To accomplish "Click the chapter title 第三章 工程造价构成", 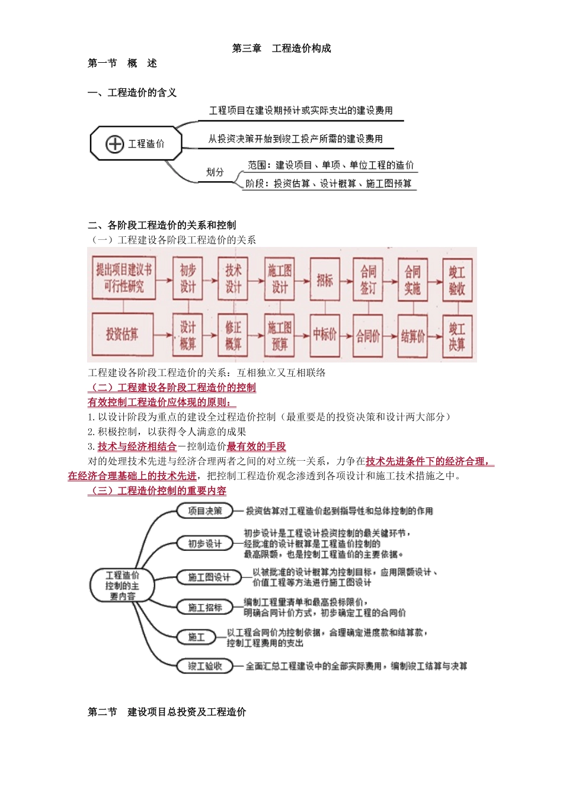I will (281, 49).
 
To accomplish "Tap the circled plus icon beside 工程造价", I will (114, 144).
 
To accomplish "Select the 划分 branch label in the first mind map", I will (215, 172).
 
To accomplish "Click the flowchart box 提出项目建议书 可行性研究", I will (124, 278).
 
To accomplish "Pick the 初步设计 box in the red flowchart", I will (188, 278).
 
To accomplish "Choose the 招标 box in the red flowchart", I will (324, 280).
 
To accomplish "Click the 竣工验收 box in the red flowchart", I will (457, 280).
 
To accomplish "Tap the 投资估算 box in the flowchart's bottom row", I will (122, 335).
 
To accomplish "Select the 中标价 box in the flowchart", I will (324, 335).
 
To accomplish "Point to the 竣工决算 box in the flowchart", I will (457, 336).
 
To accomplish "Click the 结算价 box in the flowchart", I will (412, 336).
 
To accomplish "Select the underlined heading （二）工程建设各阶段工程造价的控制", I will (172, 387).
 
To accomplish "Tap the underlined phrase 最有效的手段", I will (256, 447).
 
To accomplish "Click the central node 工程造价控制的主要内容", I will (123, 586).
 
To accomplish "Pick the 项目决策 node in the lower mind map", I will (205, 511).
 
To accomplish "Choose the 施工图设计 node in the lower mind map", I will (209, 577).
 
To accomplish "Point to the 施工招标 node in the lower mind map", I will (205, 607).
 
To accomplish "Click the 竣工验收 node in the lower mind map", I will (205, 666).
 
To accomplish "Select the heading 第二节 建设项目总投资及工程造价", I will (167, 712).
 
